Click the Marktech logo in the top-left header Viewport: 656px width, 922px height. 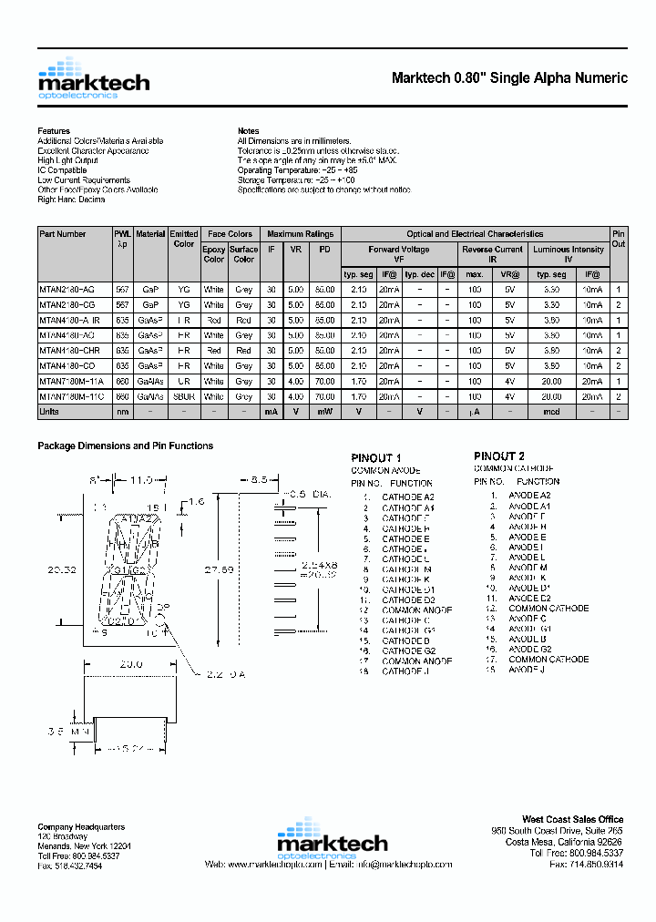(x=93, y=78)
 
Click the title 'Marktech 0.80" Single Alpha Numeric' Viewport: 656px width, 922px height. (x=509, y=78)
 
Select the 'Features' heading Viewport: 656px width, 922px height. (x=53, y=131)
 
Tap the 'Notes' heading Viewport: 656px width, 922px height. (x=248, y=131)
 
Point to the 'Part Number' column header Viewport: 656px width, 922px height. (x=63, y=234)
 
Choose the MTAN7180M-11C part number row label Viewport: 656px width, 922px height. (x=71, y=397)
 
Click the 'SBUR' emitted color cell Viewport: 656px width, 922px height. (x=183, y=397)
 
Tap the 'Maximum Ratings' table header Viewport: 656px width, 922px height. (x=300, y=234)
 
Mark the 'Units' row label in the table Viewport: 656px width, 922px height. (x=49, y=413)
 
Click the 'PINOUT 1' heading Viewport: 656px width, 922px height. (x=376, y=457)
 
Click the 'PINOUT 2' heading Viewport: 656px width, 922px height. (x=498, y=456)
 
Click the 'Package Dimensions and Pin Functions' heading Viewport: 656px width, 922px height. (x=125, y=446)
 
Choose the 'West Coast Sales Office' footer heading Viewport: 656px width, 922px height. (x=572, y=820)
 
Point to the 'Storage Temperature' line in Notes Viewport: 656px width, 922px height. (x=297, y=180)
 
